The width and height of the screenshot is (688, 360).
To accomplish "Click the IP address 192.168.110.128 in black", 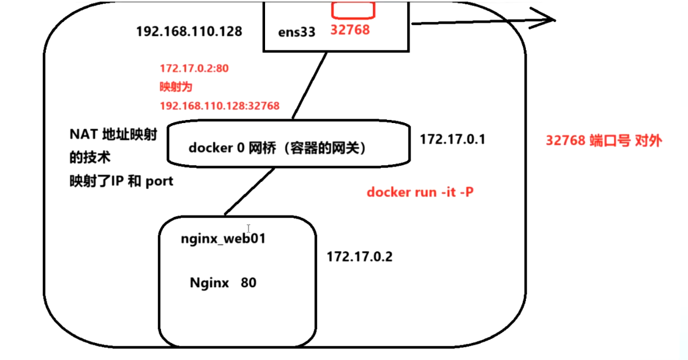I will [189, 31].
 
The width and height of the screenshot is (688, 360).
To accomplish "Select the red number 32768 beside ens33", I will [350, 29].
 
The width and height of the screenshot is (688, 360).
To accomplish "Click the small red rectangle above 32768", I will [353, 9].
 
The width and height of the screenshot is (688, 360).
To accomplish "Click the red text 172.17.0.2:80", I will [194, 69].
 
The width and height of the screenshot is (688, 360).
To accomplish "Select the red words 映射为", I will [175, 87].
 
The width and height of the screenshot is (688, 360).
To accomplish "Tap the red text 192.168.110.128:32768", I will [219, 106].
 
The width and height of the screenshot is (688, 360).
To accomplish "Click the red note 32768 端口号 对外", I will [604, 140].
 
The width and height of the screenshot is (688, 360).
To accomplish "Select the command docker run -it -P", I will [420, 192].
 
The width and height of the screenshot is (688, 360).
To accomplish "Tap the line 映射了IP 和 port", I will [121, 182].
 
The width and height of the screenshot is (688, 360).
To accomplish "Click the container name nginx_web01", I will [223, 239].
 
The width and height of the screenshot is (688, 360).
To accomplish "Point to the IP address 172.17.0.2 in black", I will [359, 257].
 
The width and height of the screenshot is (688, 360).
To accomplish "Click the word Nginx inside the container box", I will [209, 283].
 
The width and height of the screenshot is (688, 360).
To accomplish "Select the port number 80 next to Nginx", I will [249, 283].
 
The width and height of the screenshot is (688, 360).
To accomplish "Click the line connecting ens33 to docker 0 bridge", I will [309, 85].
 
